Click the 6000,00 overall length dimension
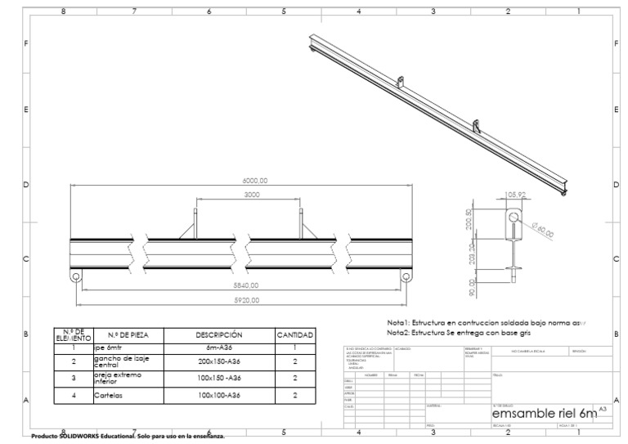(254, 181)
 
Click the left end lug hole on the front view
(76, 276)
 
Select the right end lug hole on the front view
(406, 276)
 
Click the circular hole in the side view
(514, 218)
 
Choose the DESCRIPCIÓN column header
(218, 335)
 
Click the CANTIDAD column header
(294, 335)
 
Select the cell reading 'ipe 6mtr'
(109, 348)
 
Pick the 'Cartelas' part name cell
(109, 395)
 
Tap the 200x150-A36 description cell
(218, 361)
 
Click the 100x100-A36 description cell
(218, 395)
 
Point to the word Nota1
(398, 323)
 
